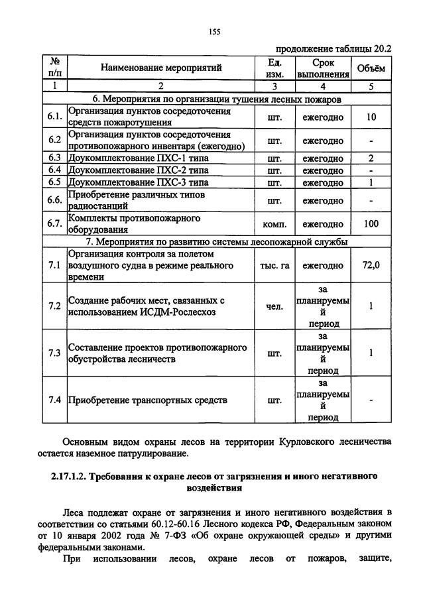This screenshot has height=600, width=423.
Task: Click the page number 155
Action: pos(213,31)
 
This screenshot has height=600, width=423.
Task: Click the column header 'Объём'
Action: pos(371,68)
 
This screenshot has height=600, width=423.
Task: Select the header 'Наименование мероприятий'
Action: pos(161,68)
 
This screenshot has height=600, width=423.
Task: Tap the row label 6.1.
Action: pos(55,117)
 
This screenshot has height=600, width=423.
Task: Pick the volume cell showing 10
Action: pos(371,117)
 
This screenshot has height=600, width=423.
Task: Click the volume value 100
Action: pos(371,223)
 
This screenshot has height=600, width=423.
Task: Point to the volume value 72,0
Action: pos(371,265)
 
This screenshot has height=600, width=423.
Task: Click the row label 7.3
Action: pos(54,353)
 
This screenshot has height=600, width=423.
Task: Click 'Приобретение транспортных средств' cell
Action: pos(147,400)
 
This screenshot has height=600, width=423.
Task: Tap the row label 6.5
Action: pos(54,182)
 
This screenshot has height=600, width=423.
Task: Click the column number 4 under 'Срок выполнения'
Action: pos(323,86)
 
